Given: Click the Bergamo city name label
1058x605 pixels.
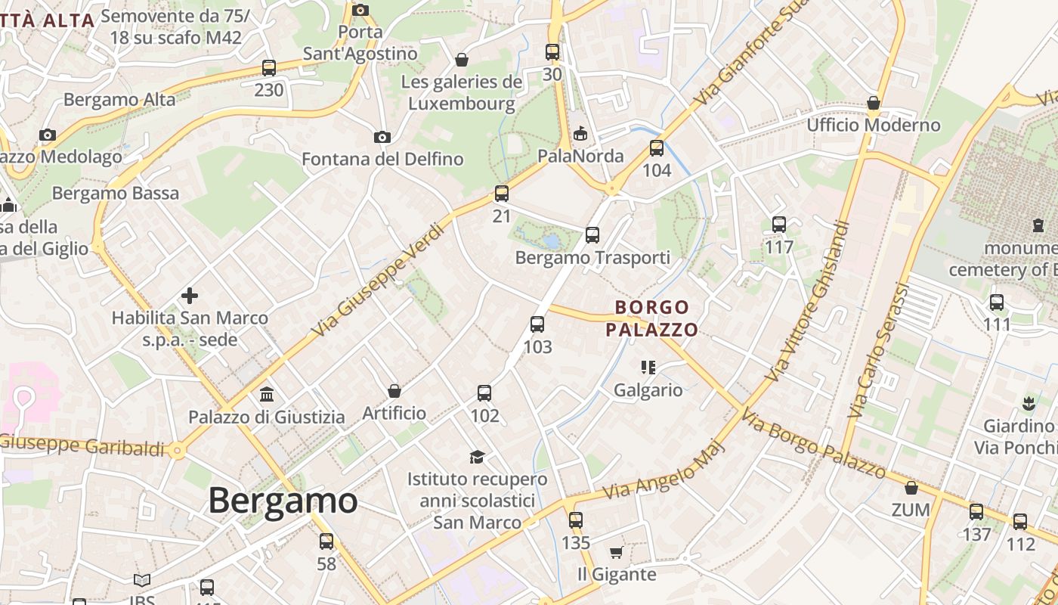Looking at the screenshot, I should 283,501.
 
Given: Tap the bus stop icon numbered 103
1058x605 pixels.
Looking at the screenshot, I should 537,324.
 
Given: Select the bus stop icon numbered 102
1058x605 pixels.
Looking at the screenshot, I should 484,393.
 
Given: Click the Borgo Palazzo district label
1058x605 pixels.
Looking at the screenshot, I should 651,318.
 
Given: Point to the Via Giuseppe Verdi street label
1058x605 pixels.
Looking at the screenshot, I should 376,281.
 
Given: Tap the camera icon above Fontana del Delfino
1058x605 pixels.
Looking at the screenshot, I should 382,137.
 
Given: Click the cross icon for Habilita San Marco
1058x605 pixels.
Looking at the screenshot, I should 190,296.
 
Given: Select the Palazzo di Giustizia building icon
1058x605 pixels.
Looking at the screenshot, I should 266,395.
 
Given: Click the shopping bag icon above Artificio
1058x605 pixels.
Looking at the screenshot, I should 394,391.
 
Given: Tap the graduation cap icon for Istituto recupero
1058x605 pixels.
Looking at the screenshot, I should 477,456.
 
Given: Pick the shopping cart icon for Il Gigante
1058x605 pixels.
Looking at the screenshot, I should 616,552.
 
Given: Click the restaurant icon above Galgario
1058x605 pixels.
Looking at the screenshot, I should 648,368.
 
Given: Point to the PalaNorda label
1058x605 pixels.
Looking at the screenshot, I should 580,156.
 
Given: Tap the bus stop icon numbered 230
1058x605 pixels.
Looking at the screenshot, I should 269,68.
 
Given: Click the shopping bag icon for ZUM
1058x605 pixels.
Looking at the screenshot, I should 911,488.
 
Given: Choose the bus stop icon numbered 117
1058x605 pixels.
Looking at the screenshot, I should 779,225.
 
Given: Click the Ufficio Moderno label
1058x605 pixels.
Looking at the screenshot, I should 874,125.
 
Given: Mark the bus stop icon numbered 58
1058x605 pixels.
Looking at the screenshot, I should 326,541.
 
